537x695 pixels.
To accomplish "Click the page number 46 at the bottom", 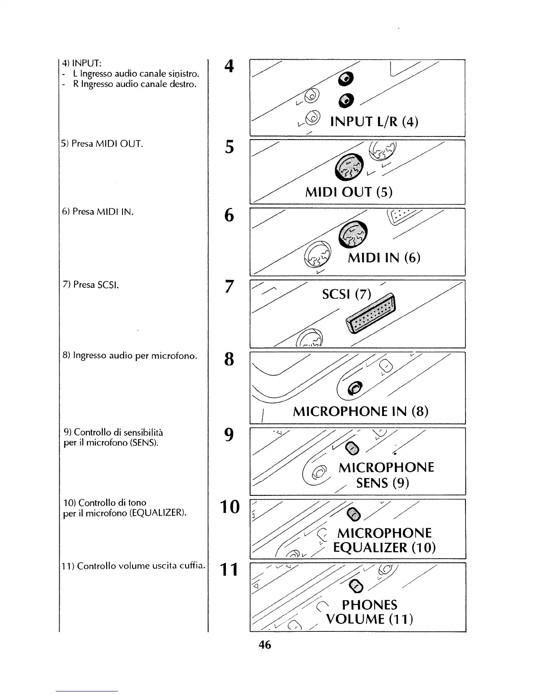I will pyautogui.click(x=265, y=645).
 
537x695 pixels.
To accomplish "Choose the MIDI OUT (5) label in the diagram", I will pyautogui.click(x=349, y=192).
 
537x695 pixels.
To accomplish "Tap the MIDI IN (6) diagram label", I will pyautogui.click(x=384, y=258).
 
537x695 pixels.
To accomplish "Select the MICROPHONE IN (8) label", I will pyautogui.click(x=360, y=412).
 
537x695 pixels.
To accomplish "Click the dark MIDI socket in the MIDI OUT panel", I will pyautogui.click(x=349, y=168).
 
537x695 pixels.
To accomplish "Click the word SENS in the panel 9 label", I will pyautogui.click(x=372, y=483).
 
